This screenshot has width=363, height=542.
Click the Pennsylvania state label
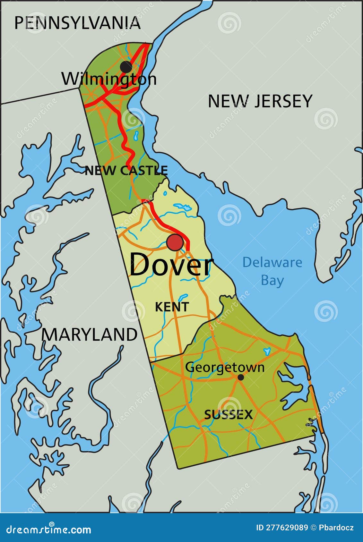point(77,23)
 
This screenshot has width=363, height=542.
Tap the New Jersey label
point(260,101)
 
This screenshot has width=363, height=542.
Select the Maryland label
point(89,335)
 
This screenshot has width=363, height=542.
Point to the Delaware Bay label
point(272,271)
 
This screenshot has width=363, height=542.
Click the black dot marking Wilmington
point(126,67)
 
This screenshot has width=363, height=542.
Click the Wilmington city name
point(109,79)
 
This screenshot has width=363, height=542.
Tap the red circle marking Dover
point(175,242)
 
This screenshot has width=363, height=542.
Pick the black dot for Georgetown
point(240,377)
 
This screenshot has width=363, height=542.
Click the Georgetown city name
point(225,367)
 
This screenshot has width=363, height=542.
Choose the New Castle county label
point(126,171)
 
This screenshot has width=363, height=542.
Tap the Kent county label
point(172,307)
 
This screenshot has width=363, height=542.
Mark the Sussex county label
point(229,415)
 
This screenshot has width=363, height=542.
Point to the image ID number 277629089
point(287,528)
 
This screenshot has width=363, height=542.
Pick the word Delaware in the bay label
point(272,262)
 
